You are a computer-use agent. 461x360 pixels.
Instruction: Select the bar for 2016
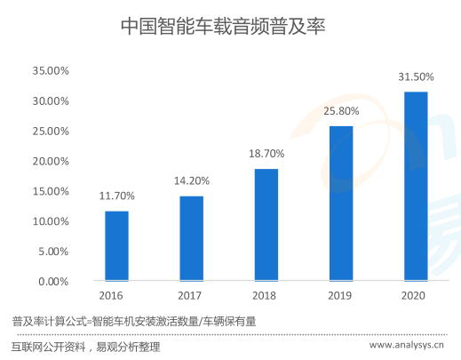pyautogui.click(x=116, y=245)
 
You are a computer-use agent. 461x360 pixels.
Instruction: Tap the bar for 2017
pyautogui.click(x=191, y=238)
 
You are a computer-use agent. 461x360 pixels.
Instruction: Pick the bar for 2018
pyautogui.click(x=266, y=225)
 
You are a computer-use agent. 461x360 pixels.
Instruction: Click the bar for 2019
pyautogui.click(x=341, y=204)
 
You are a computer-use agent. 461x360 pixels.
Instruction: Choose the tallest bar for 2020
pyautogui.click(x=416, y=186)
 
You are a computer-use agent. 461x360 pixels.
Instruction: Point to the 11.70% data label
pyautogui.click(x=116, y=196)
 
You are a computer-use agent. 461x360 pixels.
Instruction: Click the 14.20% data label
pyautogui.click(x=191, y=181)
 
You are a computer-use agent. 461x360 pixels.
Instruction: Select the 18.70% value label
pyautogui.click(x=266, y=154)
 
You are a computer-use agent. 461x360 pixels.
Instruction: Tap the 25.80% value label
pyautogui.click(x=341, y=111)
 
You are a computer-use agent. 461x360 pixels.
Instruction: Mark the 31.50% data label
pyautogui.click(x=416, y=77)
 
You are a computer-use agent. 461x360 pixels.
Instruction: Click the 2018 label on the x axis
pyautogui.click(x=266, y=296)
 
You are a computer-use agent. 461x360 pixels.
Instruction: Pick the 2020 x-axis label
pyautogui.click(x=416, y=296)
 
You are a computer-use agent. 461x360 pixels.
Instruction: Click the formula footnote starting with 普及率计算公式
pyautogui.click(x=133, y=321)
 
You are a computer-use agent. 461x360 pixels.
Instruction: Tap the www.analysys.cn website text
pyautogui.click(x=407, y=346)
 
